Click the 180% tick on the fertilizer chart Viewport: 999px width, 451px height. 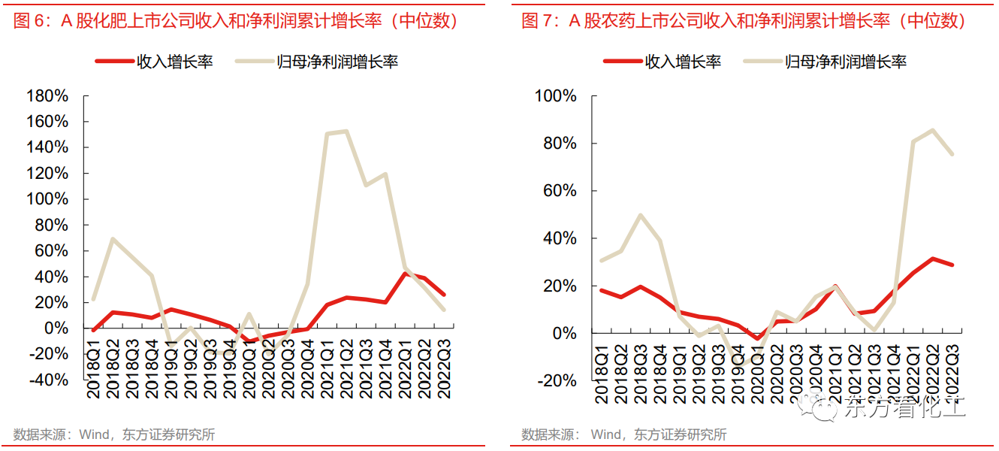tap(47, 96)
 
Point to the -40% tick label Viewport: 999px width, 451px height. tap(47, 380)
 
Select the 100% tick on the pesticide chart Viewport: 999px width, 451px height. tap(555, 96)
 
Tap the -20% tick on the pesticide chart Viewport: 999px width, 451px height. tap(555, 381)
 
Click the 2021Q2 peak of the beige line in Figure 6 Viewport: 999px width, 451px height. tap(345, 132)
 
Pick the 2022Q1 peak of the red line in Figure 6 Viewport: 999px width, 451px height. tap(406, 273)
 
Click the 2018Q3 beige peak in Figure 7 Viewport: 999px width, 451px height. tap(640, 215)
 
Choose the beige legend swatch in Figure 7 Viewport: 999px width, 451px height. tap(762, 61)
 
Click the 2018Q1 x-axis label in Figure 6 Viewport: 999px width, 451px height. tap(94, 368)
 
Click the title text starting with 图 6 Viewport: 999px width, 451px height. tap(237, 21)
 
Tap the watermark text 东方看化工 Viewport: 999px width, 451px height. tap(905, 409)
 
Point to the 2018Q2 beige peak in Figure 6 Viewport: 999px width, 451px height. tap(112, 239)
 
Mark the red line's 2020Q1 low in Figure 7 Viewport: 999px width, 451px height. tap(759, 339)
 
